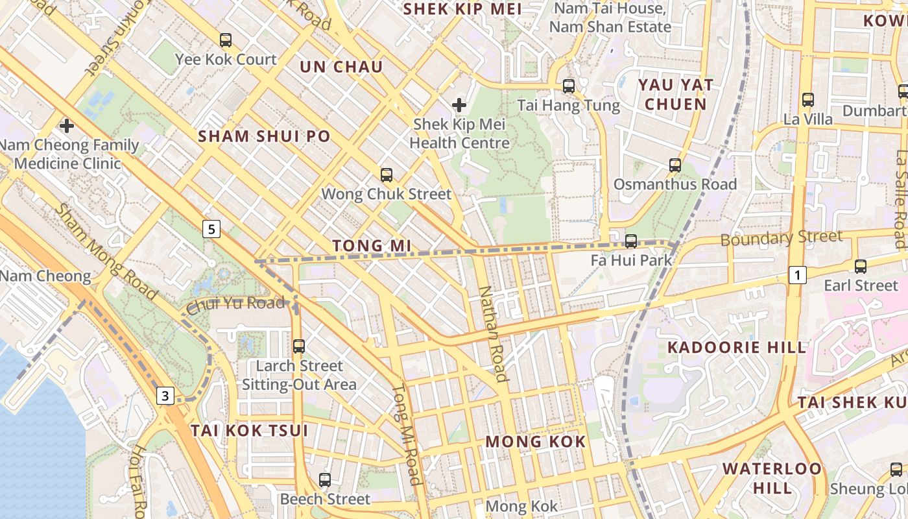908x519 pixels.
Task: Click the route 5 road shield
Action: [211, 228]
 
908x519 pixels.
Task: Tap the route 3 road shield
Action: [167, 395]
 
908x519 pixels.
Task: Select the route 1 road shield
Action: [798, 275]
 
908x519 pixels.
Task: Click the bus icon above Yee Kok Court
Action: [226, 40]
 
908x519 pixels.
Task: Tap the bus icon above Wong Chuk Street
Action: [387, 175]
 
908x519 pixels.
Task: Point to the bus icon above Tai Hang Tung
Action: [569, 86]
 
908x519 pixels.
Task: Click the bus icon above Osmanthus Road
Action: [675, 165]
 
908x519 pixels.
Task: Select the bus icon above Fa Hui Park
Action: [631, 241]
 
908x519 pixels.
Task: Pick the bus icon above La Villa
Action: [808, 100]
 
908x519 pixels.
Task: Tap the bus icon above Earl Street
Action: [861, 266]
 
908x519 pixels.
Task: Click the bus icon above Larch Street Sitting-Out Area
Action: [299, 346]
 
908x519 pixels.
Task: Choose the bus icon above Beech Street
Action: [325, 480]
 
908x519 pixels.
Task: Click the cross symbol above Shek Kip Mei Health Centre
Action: [459, 104]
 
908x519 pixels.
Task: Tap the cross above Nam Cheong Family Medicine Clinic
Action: [67, 125]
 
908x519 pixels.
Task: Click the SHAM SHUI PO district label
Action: [264, 136]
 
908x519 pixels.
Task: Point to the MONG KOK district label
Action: [536, 442]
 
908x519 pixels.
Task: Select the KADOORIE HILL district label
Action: [737, 347]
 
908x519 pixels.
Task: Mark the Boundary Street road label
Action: [782, 238]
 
